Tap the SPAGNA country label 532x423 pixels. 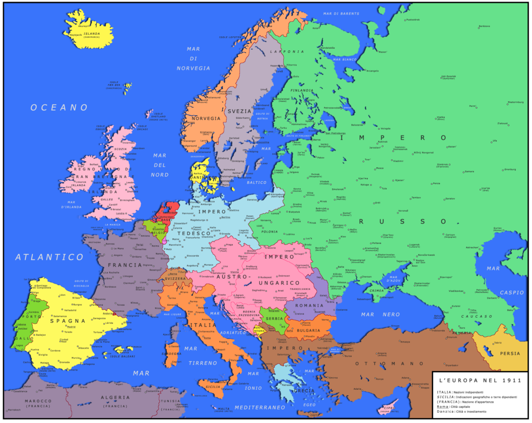tap(67, 321)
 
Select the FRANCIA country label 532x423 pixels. tap(125, 265)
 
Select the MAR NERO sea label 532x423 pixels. tap(381, 314)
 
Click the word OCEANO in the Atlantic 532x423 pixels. tap(59, 107)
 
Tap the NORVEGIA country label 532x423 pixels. tap(206, 118)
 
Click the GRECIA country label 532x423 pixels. tap(304, 390)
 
